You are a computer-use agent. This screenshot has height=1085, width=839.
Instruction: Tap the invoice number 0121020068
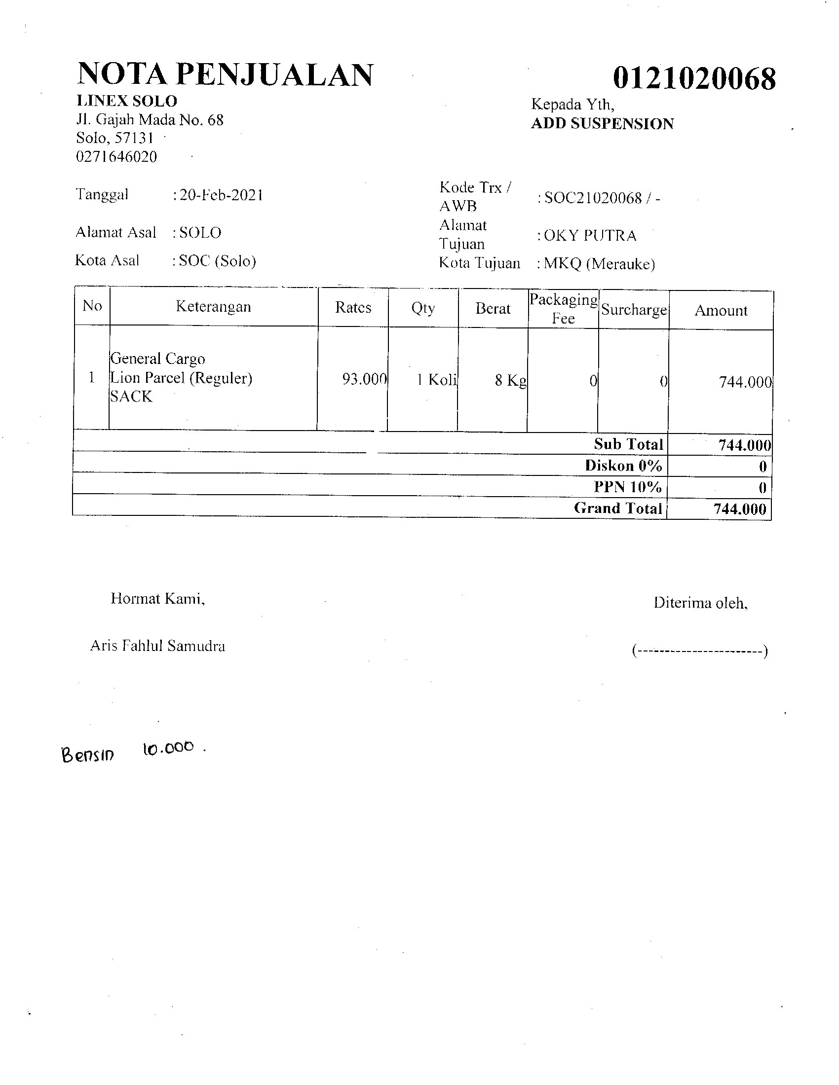point(694,78)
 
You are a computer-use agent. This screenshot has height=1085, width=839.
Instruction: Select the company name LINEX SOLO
point(127,101)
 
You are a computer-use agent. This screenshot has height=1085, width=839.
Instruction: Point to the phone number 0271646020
point(116,157)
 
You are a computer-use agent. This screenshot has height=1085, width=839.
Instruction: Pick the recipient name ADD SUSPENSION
point(603,124)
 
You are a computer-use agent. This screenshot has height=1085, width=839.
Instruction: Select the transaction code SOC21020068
point(593,198)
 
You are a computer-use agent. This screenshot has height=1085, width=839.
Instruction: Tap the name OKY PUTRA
point(590,235)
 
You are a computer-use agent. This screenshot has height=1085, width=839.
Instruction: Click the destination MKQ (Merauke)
point(599,263)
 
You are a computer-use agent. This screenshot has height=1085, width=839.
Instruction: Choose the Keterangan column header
point(213,307)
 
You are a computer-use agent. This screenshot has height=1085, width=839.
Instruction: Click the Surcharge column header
point(634,310)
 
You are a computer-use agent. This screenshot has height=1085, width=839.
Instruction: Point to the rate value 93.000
point(364,380)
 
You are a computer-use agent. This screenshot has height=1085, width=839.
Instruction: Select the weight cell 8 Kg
point(510,381)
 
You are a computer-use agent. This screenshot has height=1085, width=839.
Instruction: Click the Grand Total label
point(618,508)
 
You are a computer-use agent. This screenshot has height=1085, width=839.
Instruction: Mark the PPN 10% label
point(628,487)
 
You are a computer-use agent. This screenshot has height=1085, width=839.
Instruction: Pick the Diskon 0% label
point(623,466)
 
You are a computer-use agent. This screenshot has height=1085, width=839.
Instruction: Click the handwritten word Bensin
point(87,755)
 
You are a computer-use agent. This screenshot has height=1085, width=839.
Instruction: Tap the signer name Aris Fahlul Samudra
point(157,646)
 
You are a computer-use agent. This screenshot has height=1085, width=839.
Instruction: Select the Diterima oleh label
point(700,603)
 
